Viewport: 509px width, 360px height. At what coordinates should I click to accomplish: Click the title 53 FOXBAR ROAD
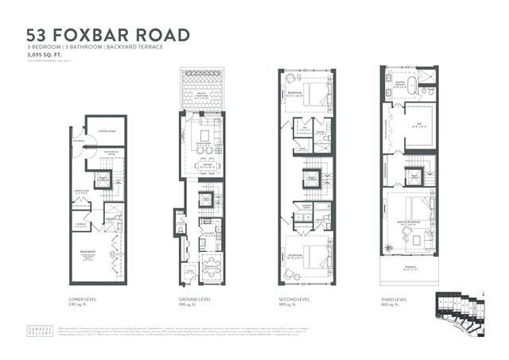coord(108,36)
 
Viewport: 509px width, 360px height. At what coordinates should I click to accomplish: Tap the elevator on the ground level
coord(205,198)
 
